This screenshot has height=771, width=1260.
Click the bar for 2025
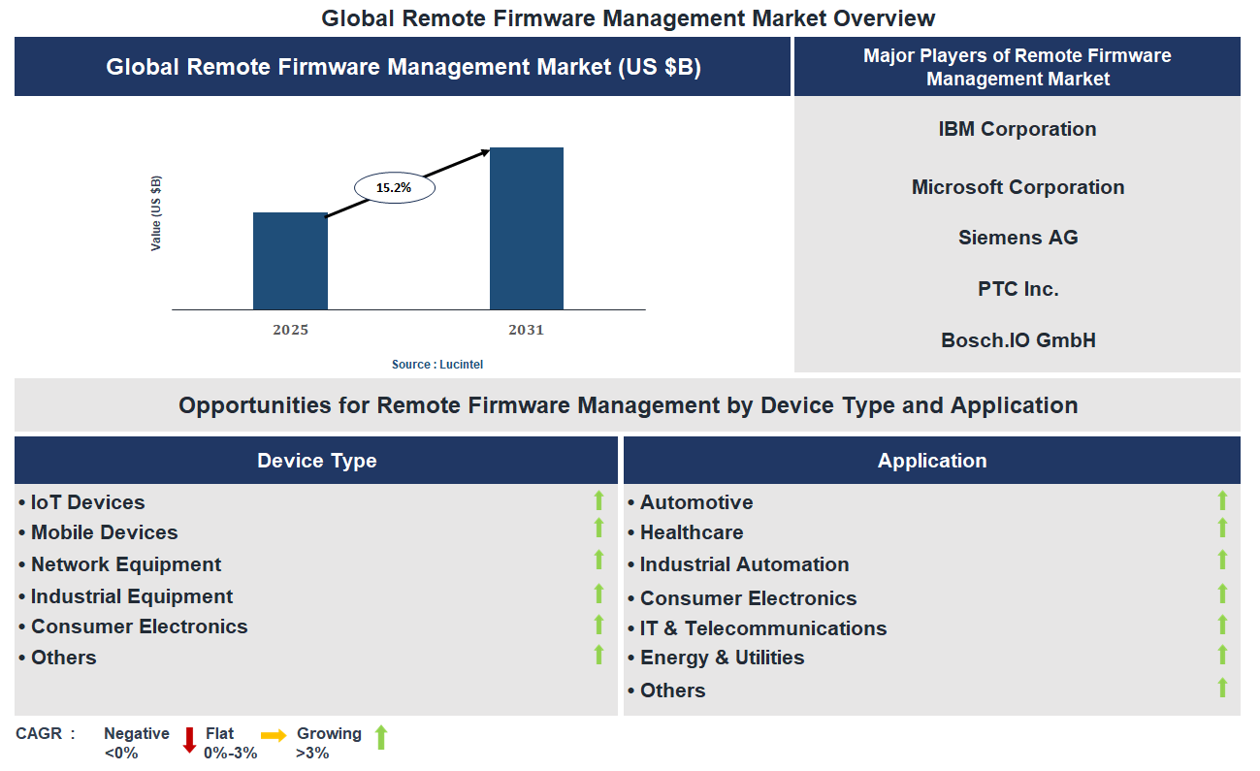(x=290, y=261)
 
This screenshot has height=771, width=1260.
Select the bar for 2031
(x=526, y=229)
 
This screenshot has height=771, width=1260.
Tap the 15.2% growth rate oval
(x=394, y=188)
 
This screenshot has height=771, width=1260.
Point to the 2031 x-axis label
(x=526, y=330)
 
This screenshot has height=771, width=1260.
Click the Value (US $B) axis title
(x=156, y=213)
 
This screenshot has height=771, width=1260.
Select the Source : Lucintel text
(x=436, y=364)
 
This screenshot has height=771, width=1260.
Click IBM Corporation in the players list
(x=1017, y=129)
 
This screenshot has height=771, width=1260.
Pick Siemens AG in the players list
(x=1017, y=238)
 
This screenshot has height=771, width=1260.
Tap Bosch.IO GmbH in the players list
(x=1018, y=340)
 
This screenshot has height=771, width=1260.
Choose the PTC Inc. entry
(x=1018, y=289)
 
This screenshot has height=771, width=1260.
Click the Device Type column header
(x=316, y=461)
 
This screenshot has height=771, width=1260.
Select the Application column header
(x=931, y=461)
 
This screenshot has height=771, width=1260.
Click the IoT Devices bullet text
(x=87, y=502)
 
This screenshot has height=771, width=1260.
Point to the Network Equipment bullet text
(x=125, y=564)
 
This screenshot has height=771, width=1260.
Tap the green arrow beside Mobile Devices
(x=598, y=528)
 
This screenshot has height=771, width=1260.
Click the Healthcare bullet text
(x=691, y=532)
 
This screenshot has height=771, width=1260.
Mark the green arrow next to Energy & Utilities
(x=1222, y=655)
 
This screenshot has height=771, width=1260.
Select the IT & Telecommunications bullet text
(x=762, y=628)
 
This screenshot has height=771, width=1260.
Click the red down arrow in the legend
(x=189, y=740)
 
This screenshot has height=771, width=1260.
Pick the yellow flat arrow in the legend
(x=274, y=736)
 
